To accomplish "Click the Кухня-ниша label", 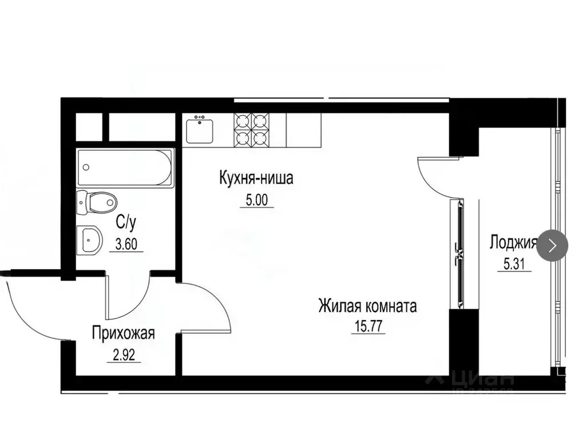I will point(256,178).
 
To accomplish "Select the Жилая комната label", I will point(367,306).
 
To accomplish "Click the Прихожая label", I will point(124,333).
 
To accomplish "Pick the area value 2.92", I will point(124,354).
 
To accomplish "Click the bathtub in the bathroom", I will point(125,167).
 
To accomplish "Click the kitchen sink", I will point(199,130).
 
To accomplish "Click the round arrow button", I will point(552,246).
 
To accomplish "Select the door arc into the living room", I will point(212,303).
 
